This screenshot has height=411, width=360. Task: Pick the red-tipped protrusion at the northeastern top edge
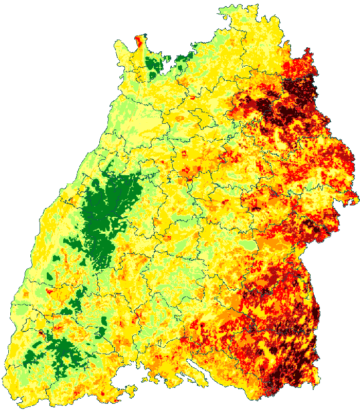[309, 54]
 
